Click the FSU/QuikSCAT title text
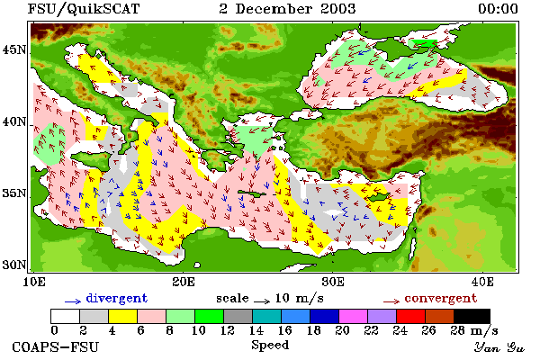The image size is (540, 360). (x=84, y=9)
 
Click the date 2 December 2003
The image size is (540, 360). (x=287, y=9)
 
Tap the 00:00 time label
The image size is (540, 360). (x=498, y=9)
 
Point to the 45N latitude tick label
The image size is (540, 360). (x=13, y=50)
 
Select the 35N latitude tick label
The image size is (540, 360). (x=13, y=193)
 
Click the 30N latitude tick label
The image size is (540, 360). (x=13, y=265)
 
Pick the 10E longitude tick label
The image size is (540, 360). (x=34, y=282)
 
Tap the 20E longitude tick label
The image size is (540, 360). (x=184, y=282)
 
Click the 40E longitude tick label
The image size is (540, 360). (x=482, y=282)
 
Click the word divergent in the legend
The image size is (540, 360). (x=117, y=298)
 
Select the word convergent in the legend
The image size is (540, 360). (x=441, y=298)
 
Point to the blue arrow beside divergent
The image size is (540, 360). (x=73, y=301)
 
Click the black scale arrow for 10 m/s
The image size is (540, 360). (x=262, y=301)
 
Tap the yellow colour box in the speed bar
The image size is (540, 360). (x=123, y=316)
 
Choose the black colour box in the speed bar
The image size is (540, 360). (x=472, y=316)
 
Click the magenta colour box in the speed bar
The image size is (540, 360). (x=354, y=316)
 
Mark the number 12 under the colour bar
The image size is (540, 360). (x=228, y=330)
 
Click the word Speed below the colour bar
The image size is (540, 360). (x=270, y=346)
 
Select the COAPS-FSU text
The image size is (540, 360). (x=55, y=346)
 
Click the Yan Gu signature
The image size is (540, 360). (x=499, y=347)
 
